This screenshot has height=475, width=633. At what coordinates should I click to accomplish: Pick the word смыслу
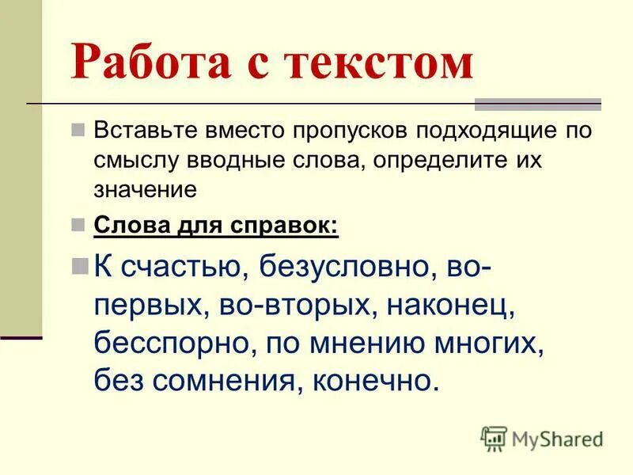135,158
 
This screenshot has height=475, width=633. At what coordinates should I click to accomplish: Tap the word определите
448,158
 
